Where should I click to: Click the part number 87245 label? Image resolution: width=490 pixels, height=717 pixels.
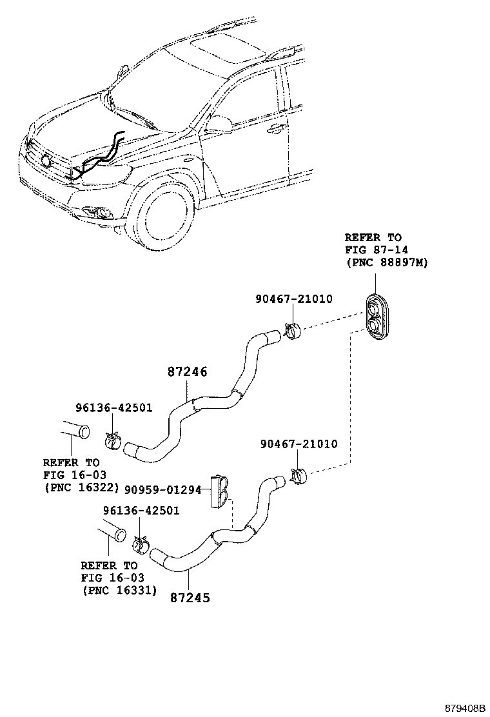190,597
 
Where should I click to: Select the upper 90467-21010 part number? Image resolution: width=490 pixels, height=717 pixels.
293,299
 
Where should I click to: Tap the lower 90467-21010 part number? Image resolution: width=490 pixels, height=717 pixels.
299,444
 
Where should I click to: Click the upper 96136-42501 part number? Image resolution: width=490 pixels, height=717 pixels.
113,408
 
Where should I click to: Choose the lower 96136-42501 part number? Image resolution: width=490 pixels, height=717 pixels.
141,511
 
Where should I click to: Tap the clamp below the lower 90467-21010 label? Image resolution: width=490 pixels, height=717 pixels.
299,478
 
